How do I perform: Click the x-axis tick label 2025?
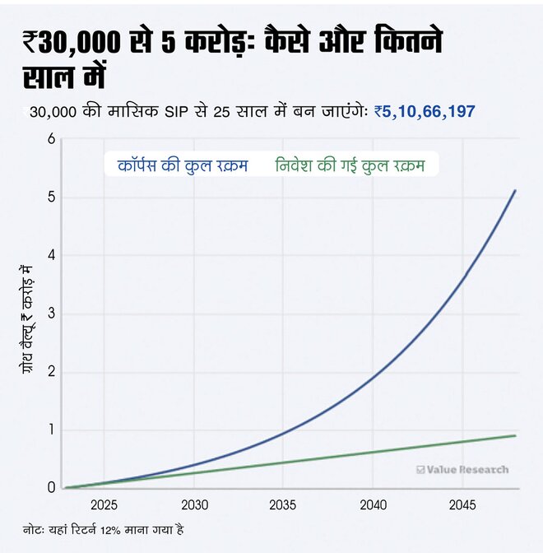pyautogui.click(x=104, y=504)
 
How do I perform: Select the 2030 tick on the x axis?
pyautogui.click(x=193, y=504)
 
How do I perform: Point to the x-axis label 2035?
pyautogui.click(x=283, y=504)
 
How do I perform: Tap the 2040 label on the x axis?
pyautogui.click(x=373, y=504)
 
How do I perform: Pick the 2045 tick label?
pyautogui.click(x=462, y=504)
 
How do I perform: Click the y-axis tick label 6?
pyautogui.click(x=50, y=139)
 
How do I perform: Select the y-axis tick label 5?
pyautogui.click(x=50, y=197)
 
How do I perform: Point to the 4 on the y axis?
pyautogui.click(x=50, y=255)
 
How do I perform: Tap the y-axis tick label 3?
pyautogui.click(x=50, y=314)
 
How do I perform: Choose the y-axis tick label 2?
pyautogui.click(x=50, y=371)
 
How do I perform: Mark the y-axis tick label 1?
pyautogui.click(x=50, y=430)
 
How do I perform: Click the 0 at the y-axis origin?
pyautogui.click(x=50, y=487)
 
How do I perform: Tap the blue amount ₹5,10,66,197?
pyautogui.click(x=425, y=111)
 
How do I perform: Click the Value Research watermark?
pyautogui.click(x=462, y=470)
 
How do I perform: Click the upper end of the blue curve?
pyautogui.click(x=515, y=191)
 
